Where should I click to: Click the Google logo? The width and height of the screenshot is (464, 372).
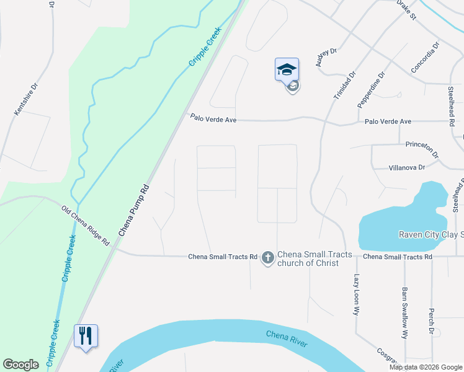(x=21, y=365)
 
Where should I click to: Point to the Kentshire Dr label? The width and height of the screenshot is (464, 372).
(x=26, y=99)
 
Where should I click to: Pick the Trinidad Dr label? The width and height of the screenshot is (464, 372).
(x=344, y=85)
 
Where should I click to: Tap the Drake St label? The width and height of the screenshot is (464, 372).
(x=408, y=11)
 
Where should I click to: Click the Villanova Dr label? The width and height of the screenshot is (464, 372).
(x=406, y=167)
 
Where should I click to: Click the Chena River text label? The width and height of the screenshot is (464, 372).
(x=287, y=340)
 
